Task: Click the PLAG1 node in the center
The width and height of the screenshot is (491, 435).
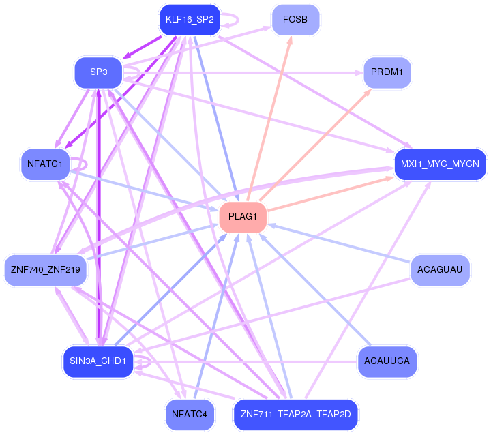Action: pos(242,217)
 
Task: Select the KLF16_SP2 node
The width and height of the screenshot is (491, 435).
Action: pos(190,20)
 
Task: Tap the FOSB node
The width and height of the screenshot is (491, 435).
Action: pos(295,20)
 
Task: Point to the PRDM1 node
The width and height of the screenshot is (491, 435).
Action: pos(387,72)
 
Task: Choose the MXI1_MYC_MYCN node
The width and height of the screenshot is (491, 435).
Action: pos(440,164)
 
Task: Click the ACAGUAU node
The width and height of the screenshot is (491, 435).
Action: pos(441,270)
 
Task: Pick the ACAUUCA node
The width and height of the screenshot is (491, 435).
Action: pos(387,361)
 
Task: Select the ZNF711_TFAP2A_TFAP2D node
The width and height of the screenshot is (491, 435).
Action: pos(296,414)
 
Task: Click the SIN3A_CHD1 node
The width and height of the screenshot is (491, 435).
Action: pos(98,361)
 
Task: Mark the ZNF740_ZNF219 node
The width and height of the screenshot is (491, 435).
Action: pos(46,270)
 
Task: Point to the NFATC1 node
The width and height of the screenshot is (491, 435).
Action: pos(46,164)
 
